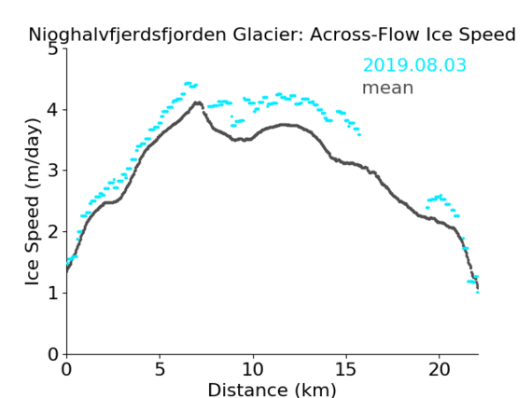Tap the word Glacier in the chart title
pos(268,34)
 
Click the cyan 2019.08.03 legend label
pos(414,65)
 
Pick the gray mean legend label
pos(388,89)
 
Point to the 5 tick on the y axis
pos(53,49)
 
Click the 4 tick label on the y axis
pos(53,110)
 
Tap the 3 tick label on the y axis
pos(53,171)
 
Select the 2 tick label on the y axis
pos(53,232)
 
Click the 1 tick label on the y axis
pos(53,294)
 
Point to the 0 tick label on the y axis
pos(53,354)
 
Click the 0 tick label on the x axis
pos(66,370)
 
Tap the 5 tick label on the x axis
pos(160,370)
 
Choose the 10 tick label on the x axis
pos(253,370)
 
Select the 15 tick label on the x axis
pos(346,370)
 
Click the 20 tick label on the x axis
pos(440,370)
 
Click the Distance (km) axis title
pos(272,390)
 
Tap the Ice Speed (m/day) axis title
pos(33,202)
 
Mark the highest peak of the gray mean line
pos(198,103)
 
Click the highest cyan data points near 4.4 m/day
pos(189,83)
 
